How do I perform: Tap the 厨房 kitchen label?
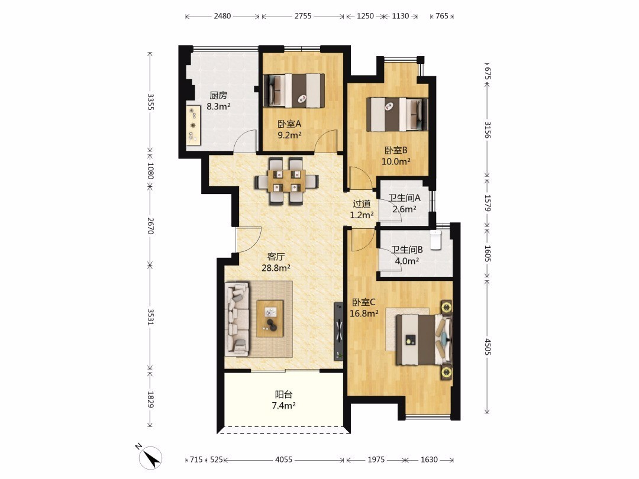click(218, 95)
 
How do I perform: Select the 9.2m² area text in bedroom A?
click(289, 135)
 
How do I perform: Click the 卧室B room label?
click(396, 150)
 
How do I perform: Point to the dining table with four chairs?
click(286, 180)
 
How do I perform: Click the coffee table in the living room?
click(270, 318)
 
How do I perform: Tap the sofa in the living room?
click(237, 318)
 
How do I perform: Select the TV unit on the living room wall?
click(338, 331)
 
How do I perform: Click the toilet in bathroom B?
click(436, 239)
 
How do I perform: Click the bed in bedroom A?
click(294, 90)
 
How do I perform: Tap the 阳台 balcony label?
click(283, 394)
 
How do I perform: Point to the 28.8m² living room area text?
click(276, 268)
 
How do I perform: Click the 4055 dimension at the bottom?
click(283, 459)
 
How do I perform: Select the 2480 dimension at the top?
click(222, 16)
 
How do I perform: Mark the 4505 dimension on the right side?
click(487, 345)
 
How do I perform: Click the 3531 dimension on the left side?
click(150, 317)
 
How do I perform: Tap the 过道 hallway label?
click(362, 203)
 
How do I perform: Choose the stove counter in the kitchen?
click(193, 125)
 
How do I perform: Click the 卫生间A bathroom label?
click(404, 198)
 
